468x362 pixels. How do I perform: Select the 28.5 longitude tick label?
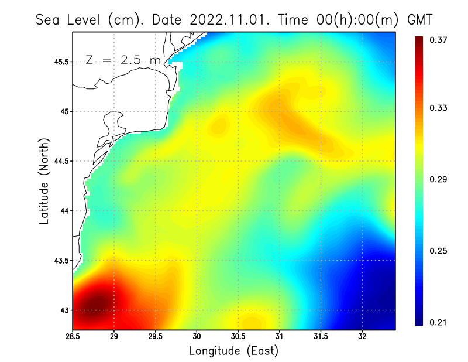click(x=73, y=336)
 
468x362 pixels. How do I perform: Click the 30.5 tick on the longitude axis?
click(x=238, y=336)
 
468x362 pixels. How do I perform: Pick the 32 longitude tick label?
click(x=362, y=336)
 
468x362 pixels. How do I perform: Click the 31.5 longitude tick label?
click(x=321, y=336)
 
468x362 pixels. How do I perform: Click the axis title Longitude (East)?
click(x=233, y=351)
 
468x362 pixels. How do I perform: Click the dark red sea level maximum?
click(x=96, y=304)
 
